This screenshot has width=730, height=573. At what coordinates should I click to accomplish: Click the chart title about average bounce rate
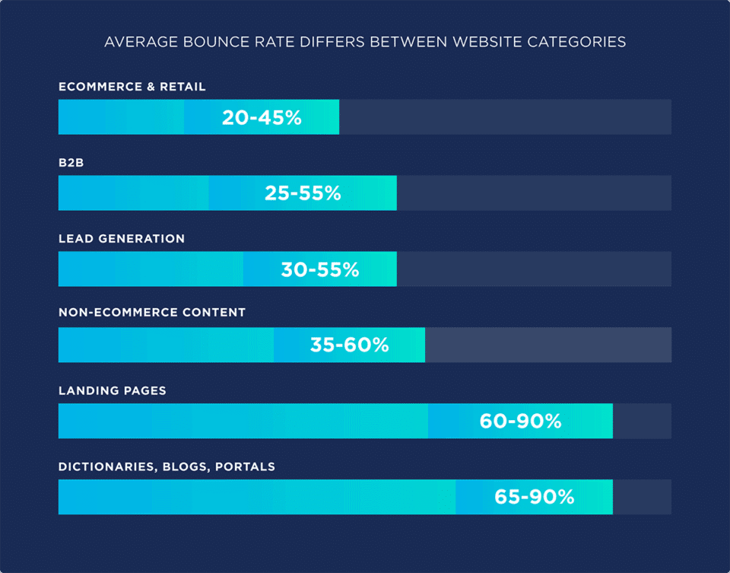tap(365, 42)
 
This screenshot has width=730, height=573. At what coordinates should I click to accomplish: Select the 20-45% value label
tap(262, 117)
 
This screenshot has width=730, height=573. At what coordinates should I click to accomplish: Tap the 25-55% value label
tap(303, 193)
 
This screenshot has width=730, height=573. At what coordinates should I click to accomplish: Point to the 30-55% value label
tap(319, 269)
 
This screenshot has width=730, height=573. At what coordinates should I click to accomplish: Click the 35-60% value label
tap(349, 345)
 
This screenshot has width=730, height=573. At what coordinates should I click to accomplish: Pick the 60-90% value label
tap(520, 421)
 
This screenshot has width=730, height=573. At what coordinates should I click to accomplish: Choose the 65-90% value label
tap(534, 497)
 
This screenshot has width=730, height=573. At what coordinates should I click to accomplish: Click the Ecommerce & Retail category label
tap(132, 87)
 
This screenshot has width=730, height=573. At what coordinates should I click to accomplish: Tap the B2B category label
tap(71, 163)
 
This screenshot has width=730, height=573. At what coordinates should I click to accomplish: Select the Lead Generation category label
tap(122, 239)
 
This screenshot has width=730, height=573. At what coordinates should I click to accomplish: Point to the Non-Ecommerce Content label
tap(152, 313)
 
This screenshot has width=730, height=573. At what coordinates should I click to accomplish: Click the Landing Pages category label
tap(113, 390)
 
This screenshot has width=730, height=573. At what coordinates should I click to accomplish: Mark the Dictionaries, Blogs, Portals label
tap(167, 466)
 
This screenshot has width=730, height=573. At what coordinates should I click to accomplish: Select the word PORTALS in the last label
tap(245, 466)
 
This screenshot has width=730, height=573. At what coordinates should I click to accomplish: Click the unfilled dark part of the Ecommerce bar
tap(505, 117)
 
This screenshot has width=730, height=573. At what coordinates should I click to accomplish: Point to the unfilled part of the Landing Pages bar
tap(642, 421)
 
